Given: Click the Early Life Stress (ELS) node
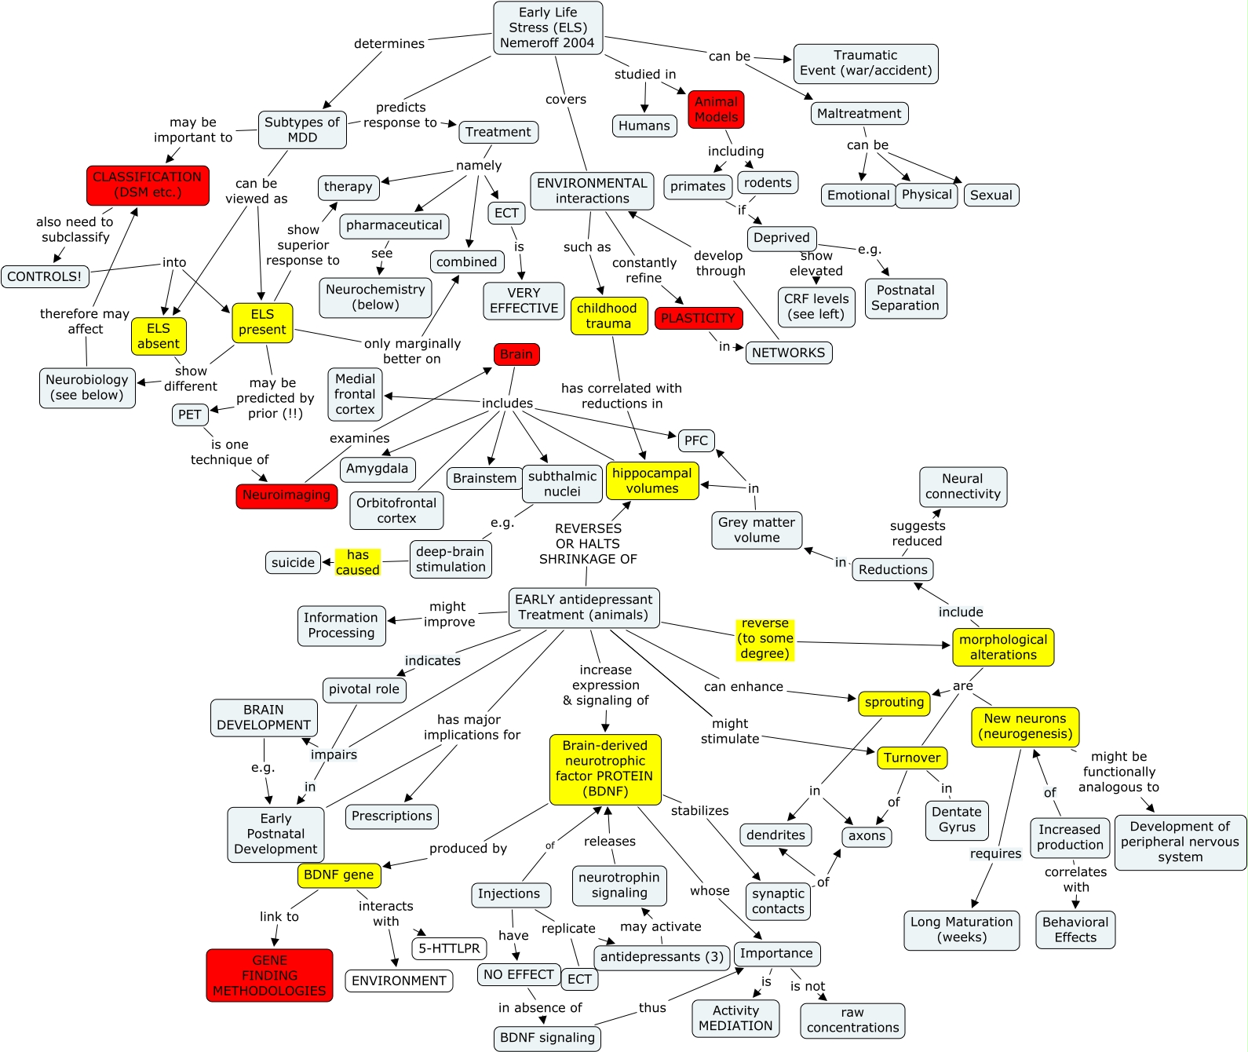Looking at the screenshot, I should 548,28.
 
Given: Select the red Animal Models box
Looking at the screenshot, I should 716,110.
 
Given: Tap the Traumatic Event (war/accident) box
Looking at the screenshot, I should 866,64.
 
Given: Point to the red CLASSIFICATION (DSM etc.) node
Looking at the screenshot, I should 148,185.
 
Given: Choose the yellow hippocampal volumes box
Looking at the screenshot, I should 651,480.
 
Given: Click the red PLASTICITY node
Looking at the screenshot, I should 698,319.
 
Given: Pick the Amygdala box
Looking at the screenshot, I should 378,469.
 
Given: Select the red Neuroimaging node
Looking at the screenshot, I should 286,495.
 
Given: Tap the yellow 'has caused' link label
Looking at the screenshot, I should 358,562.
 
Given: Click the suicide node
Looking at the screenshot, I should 293,563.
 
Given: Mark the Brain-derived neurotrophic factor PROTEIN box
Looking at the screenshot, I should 605,769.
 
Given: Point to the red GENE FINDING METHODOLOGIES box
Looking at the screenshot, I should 269,975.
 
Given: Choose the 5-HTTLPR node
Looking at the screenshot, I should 449,948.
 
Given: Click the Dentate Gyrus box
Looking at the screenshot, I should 957,820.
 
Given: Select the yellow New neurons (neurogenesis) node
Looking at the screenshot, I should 1025,726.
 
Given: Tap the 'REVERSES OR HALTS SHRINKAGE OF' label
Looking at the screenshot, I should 588,544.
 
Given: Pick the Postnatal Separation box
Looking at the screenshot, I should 905,298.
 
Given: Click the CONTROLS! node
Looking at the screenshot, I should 45,277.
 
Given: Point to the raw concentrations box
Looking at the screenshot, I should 852,1021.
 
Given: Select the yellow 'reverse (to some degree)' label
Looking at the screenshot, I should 765,639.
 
